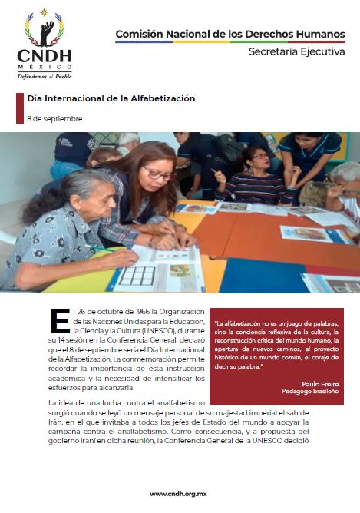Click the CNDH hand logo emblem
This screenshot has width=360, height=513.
pyautogui.click(x=45, y=29)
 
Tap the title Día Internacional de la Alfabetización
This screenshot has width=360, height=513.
pyautogui.click(x=111, y=98)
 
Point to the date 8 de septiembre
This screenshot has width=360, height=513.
pyautogui.click(x=54, y=119)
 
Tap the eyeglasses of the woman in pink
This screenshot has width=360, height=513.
pyautogui.click(x=160, y=174)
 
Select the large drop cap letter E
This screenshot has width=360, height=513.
pyautogui.click(x=59, y=321)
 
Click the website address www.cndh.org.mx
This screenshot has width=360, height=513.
pyautogui.click(x=180, y=494)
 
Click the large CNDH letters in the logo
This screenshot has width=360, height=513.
pyautogui.click(x=45, y=56)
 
